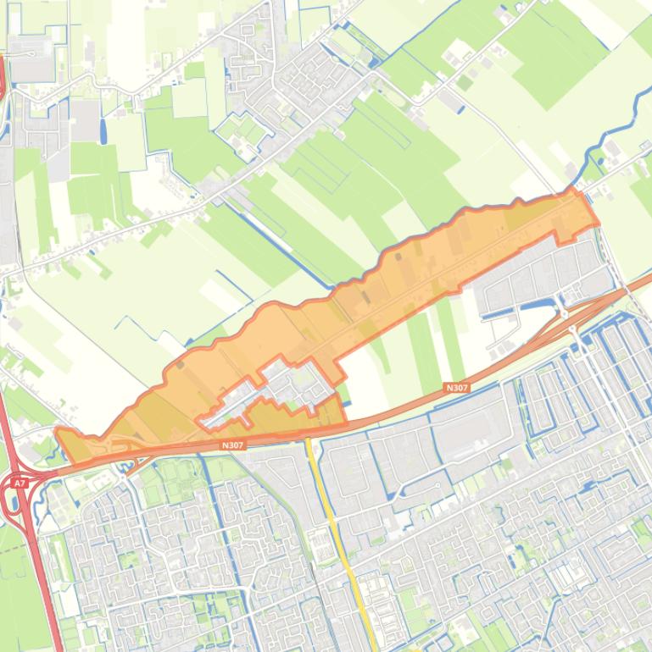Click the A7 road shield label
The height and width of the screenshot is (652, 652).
pyautogui.click(x=18, y=483)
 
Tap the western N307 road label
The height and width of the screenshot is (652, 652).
pyautogui.click(x=231, y=445)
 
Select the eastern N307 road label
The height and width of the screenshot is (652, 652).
pyautogui.click(x=456, y=388)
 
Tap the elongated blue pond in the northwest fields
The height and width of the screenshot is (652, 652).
pyautogui.click(x=103, y=130)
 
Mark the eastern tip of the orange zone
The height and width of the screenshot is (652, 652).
pyautogui.click(x=596, y=223)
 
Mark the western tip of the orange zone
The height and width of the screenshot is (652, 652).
pyautogui.click(x=58, y=433)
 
